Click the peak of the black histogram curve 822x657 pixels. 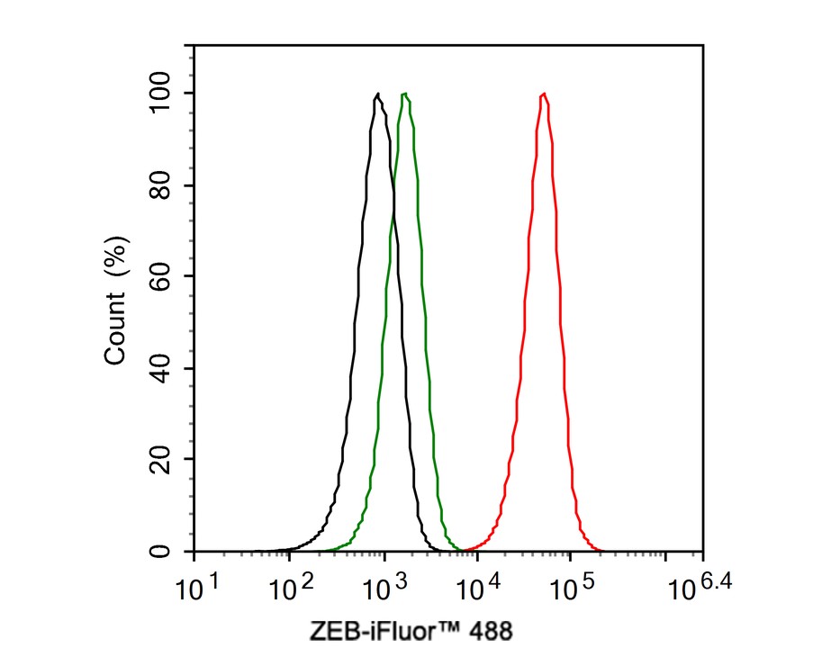tap(377, 94)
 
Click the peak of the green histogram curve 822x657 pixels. tap(406, 94)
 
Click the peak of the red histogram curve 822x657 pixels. tap(544, 94)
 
